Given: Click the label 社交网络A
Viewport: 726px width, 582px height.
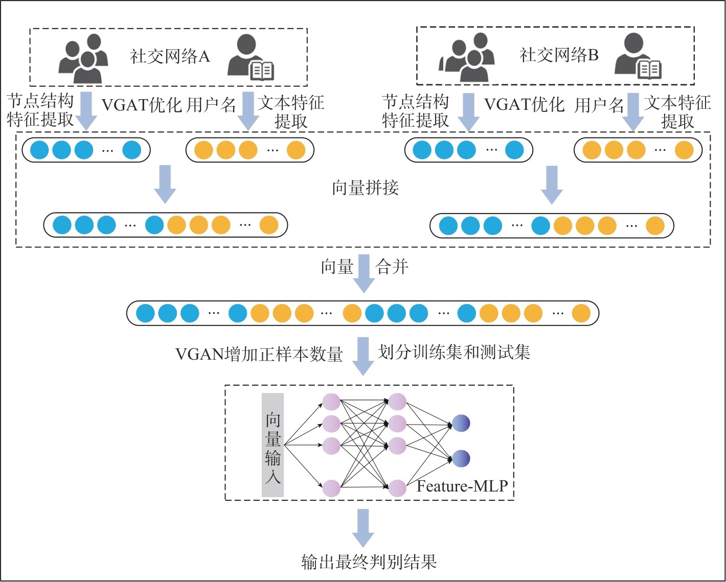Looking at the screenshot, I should click(170, 56).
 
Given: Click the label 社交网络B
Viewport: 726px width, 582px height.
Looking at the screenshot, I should click(559, 55).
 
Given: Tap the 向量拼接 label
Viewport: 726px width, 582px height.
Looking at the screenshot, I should click(365, 188).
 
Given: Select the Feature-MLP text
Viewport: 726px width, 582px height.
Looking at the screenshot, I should click(462, 485).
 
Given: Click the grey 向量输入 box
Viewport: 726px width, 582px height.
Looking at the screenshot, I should click(273, 445).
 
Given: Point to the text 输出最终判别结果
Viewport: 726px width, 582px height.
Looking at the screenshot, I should click(369, 562).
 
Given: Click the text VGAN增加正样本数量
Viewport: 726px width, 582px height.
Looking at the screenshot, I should click(259, 354).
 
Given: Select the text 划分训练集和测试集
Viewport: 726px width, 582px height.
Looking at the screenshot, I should click(454, 352).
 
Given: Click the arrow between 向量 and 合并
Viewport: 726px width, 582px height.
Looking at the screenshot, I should click(364, 273).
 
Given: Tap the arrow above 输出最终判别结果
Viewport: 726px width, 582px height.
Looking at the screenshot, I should click(363, 528).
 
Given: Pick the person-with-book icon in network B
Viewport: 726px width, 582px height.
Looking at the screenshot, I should click(639, 57).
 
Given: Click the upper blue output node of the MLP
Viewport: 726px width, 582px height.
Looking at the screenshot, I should click(461, 423).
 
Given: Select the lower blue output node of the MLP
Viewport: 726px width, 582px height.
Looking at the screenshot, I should click(461, 458).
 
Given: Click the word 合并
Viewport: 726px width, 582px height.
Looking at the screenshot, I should click(392, 267).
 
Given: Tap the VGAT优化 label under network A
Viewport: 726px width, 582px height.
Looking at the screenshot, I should click(142, 105).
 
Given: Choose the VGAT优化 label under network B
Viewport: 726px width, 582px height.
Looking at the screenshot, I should click(524, 105).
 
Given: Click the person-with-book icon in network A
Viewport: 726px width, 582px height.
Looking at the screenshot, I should click(251, 58).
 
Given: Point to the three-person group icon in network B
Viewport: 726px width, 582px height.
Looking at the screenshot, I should click(469, 57).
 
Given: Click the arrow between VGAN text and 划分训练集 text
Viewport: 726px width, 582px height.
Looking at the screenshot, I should click(363, 356).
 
